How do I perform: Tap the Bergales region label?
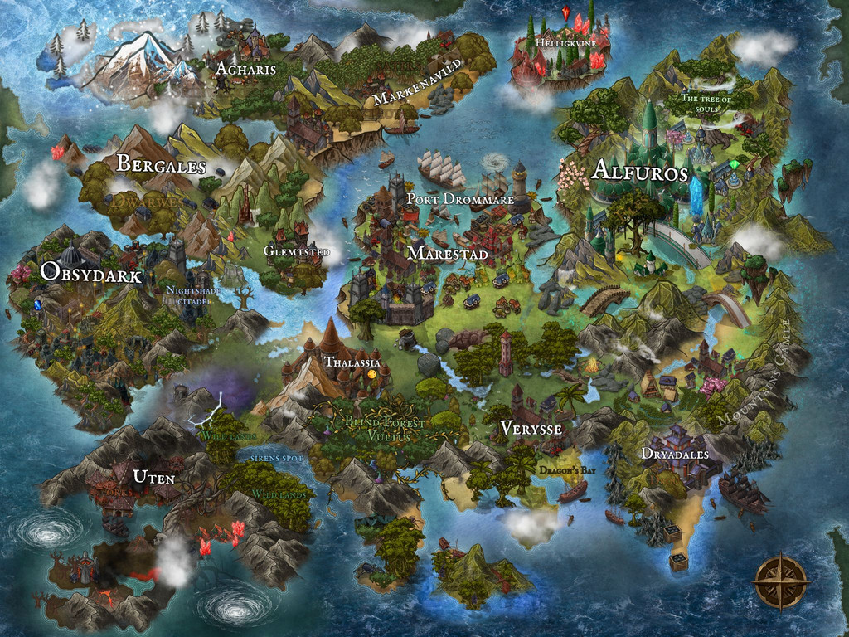[x=161, y=165]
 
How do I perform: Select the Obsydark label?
[x=91, y=275]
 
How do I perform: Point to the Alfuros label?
[x=640, y=172]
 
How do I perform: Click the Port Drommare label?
[x=459, y=200]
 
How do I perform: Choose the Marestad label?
[x=448, y=254]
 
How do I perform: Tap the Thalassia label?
[x=352, y=362]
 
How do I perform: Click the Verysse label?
[x=531, y=429]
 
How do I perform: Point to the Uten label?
[x=153, y=476]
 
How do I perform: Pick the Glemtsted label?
[x=297, y=251]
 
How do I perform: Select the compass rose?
[x=781, y=581]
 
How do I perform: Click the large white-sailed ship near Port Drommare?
[x=441, y=169]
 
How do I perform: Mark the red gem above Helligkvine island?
[x=566, y=13]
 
